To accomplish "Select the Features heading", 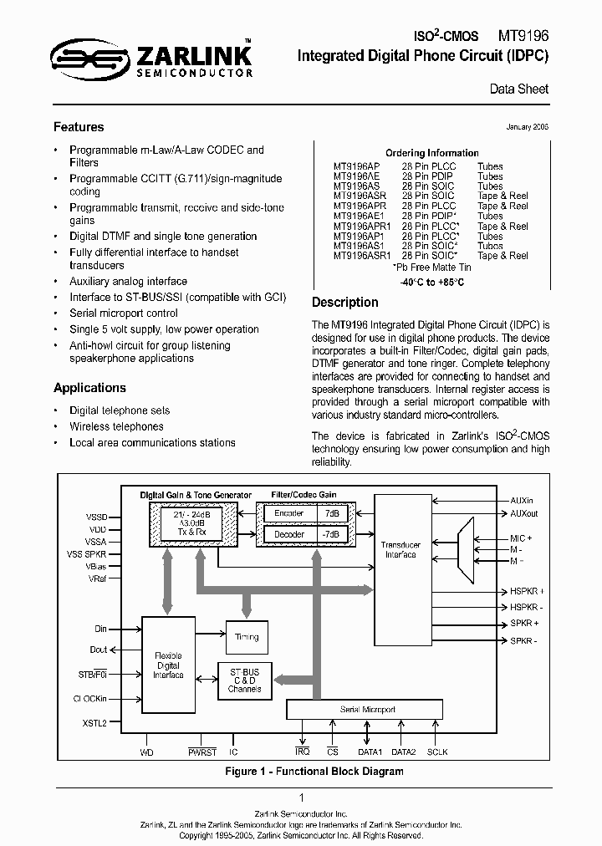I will (79, 127).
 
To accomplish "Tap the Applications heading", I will (89, 388).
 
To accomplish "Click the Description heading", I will (344, 303).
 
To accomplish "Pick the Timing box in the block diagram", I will (247, 637).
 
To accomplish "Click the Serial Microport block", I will (367, 710).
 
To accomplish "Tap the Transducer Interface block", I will (400, 549).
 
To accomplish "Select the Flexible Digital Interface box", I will (168, 665).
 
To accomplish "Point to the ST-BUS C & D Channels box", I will (244, 680).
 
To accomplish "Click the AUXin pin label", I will (531, 500).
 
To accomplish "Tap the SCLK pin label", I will (438, 752).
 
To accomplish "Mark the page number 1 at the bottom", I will (301, 798).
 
